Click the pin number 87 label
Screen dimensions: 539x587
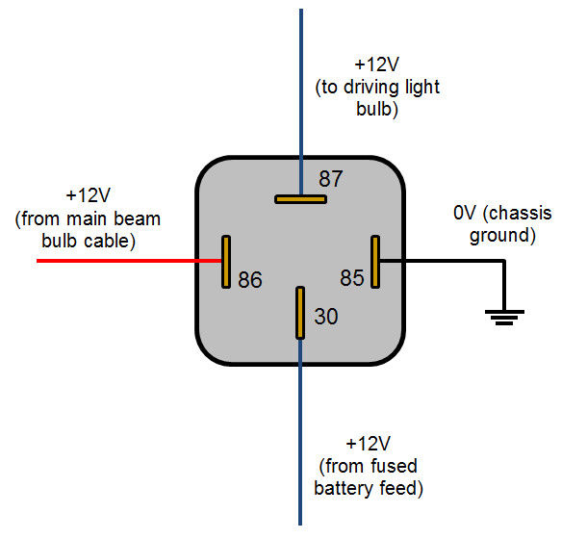coord(330,179)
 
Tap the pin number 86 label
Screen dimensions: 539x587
coord(250,280)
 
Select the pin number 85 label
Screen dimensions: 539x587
coord(352,278)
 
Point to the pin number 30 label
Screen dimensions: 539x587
coord(326,317)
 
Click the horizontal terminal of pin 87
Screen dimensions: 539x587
coord(300,199)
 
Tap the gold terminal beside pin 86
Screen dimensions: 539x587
coord(226,261)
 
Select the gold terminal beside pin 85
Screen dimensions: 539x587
coord(376,261)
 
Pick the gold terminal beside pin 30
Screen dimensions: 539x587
coord(300,312)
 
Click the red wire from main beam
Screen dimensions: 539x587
coord(125,261)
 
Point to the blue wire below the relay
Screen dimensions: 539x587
coord(300,433)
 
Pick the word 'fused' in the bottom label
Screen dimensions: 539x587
coord(395,467)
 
